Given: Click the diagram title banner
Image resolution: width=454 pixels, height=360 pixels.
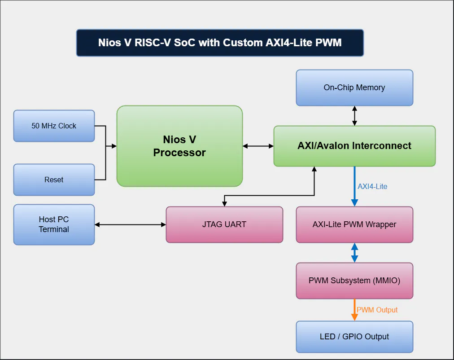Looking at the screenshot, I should tap(220, 43).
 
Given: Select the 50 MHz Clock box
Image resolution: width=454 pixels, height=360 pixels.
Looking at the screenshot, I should tap(54, 126).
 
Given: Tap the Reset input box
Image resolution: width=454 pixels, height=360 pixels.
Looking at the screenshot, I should tap(54, 180).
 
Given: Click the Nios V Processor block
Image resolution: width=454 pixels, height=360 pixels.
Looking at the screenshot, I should tap(179, 146).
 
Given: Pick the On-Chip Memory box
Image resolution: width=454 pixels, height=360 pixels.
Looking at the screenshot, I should tap(354, 88).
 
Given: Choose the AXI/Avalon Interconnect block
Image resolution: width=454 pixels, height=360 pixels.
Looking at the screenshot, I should tap(354, 146).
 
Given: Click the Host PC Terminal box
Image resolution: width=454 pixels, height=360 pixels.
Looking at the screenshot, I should tap(54, 224).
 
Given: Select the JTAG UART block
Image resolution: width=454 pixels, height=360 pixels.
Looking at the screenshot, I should tap(224, 224).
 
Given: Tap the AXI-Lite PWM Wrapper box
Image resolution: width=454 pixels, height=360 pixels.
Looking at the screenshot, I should tap(354, 224).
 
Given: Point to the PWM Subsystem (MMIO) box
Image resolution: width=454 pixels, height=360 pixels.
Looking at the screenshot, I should tap(354, 281).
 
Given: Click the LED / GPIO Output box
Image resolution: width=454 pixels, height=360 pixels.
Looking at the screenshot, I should tap(354, 337).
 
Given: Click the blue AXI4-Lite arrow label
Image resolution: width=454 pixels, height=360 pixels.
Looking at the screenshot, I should tap(372, 186).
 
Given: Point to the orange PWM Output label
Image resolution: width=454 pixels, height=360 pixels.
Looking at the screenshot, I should tap(377, 310).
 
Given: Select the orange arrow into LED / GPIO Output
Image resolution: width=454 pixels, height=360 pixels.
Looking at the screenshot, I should tap(354, 311).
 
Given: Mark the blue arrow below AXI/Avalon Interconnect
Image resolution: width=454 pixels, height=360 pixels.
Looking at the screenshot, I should tap(354, 186).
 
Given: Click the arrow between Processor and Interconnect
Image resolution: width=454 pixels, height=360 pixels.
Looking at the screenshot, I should tap(258, 146).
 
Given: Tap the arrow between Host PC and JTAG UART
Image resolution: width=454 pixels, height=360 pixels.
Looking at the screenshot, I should tap(130, 224).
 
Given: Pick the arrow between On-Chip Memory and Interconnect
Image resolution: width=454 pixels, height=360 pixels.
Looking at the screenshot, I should tap(354, 116).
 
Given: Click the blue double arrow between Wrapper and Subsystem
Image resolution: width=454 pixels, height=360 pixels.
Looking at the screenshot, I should tap(354, 253).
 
